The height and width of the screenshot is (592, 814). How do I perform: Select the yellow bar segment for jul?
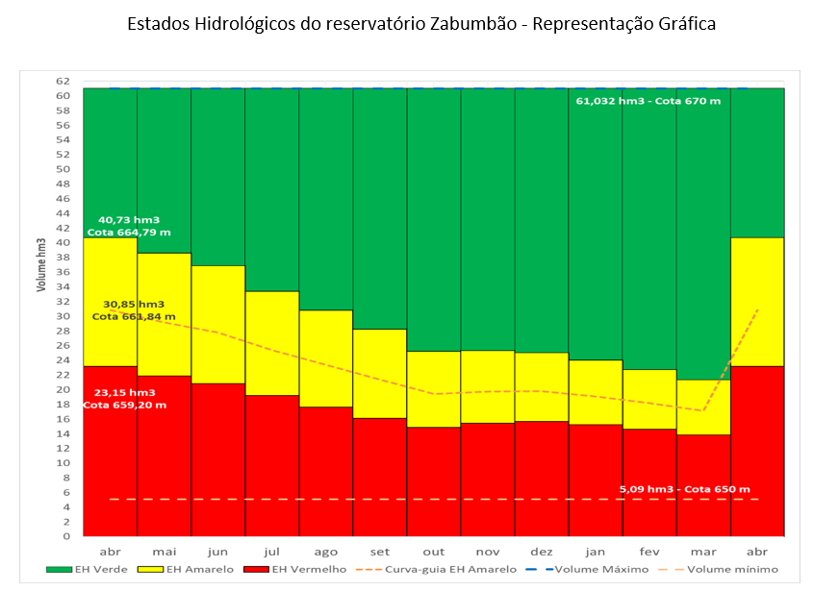(x=272, y=343)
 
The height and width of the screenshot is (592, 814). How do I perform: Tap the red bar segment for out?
(x=434, y=481)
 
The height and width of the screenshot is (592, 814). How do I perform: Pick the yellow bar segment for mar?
(x=703, y=407)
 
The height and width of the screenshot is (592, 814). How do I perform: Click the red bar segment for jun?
(x=218, y=459)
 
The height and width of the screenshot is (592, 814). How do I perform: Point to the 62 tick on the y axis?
(x=64, y=81)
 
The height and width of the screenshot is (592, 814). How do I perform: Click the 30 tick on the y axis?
(x=64, y=316)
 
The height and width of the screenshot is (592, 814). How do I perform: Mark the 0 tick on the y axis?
(x=66, y=536)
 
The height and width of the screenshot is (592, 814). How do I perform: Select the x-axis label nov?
(x=488, y=552)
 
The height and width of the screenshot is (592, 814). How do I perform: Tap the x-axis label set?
(x=380, y=552)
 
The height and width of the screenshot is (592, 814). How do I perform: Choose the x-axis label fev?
(x=649, y=552)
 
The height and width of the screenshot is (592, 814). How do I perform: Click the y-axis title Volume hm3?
(x=40, y=263)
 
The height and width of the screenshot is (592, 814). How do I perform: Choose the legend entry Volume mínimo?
(x=724, y=570)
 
